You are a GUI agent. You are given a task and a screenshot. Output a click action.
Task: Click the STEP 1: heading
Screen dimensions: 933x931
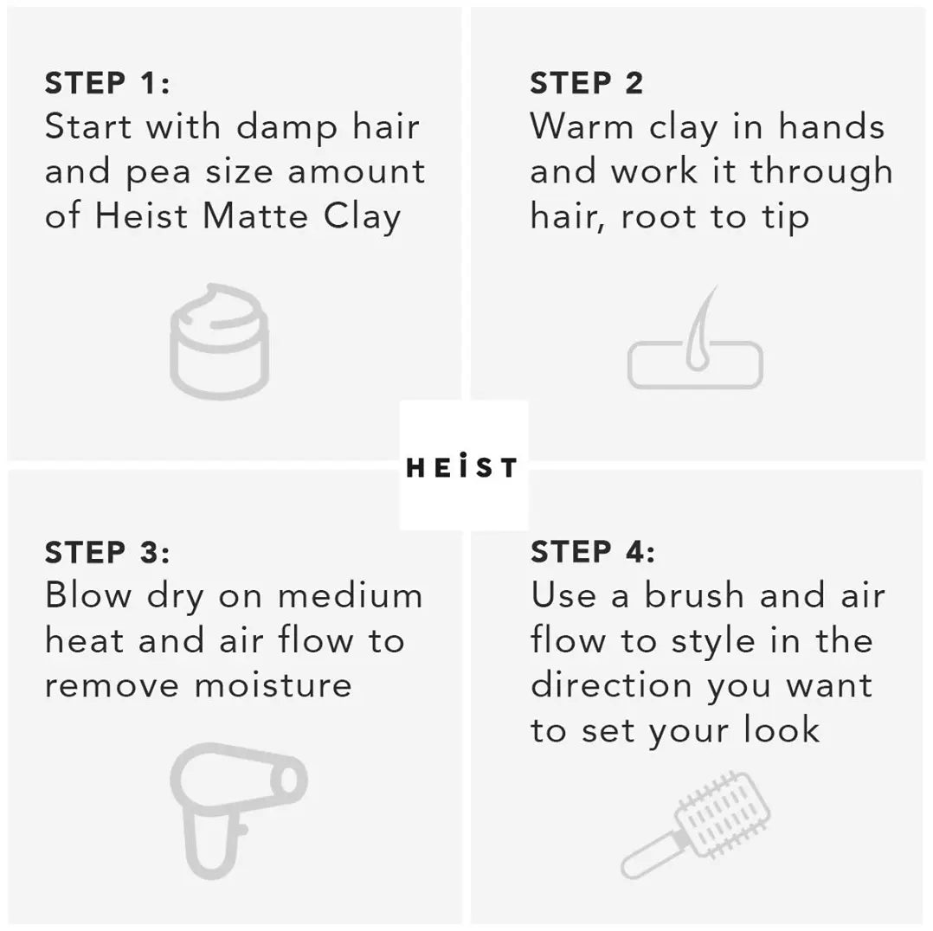click(x=107, y=83)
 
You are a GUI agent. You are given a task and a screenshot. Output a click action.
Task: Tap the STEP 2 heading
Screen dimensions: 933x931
click(x=587, y=83)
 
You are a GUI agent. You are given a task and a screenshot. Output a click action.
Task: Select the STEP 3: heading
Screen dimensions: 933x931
click(x=107, y=552)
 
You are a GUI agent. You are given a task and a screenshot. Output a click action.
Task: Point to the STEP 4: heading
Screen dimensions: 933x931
click(x=593, y=551)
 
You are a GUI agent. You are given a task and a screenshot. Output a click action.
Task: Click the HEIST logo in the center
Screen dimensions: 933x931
click(x=462, y=467)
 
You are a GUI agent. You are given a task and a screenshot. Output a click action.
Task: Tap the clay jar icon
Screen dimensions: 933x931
click(x=219, y=341)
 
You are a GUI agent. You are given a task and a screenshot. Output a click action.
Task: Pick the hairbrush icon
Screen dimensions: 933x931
click(x=695, y=825)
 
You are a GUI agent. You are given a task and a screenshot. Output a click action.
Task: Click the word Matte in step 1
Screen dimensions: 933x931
click(x=256, y=215)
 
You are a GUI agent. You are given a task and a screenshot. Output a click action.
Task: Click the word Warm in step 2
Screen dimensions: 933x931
click(x=582, y=126)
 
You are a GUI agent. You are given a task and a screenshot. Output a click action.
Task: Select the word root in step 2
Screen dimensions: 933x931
click(x=659, y=217)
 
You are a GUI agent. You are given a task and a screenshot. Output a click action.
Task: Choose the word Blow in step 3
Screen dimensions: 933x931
click(x=88, y=595)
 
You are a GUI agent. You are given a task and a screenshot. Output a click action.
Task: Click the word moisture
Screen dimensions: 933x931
click(x=273, y=684)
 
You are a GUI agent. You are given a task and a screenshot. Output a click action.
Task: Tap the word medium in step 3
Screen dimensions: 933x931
click(x=351, y=595)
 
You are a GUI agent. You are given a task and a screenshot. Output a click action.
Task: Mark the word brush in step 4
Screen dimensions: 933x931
click(x=694, y=595)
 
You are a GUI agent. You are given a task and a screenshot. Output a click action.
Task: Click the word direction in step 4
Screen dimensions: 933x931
click(x=611, y=684)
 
